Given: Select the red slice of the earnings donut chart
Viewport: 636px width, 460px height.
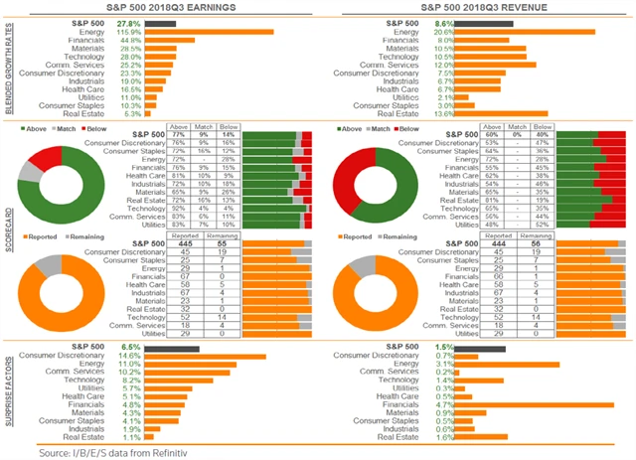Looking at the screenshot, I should click(46, 160).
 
